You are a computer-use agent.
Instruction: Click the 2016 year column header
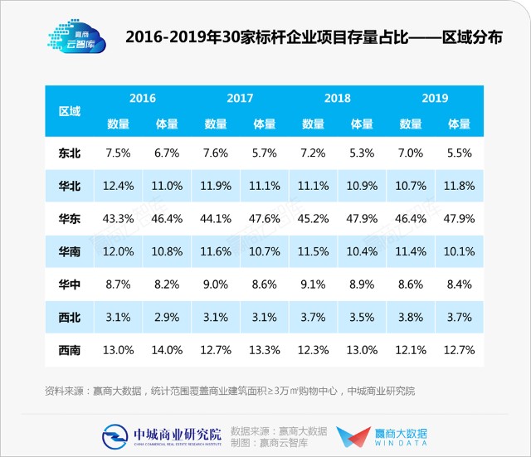coord(143,98)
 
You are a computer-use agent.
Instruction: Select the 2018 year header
coord(337,98)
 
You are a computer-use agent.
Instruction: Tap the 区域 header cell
coord(69,111)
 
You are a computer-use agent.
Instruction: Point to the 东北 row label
coord(69,153)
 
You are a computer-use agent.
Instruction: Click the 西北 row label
coord(69,316)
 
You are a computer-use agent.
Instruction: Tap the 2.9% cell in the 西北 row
coord(167,316)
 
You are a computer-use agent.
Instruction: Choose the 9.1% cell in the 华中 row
coord(313,284)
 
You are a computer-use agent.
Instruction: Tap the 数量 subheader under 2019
coord(411,124)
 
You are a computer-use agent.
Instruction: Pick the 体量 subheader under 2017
coord(264,124)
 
